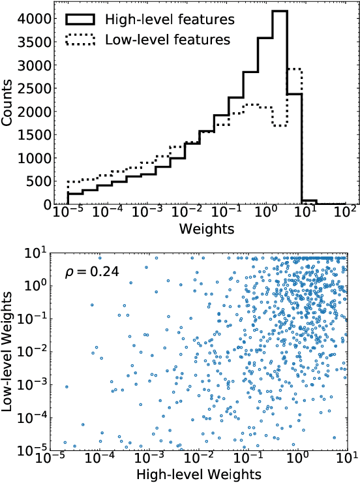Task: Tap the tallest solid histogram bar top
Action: point(280,11)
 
